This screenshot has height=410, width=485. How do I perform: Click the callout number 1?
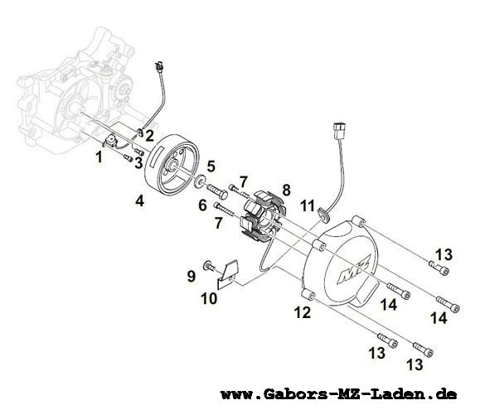click(x=99, y=157)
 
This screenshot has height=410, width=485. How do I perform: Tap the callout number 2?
click(x=150, y=136)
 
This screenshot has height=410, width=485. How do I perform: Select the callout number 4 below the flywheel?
click(x=139, y=202)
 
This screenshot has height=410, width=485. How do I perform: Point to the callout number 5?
click(x=211, y=166)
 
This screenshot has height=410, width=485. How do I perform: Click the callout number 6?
click(x=202, y=205)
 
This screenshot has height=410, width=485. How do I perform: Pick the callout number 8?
click(x=286, y=190)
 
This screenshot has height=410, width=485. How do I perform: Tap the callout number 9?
click(x=192, y=276)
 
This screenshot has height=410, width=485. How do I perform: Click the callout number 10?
click(x=209, y=299)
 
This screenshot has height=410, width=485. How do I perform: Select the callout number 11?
click(x=308, y=205)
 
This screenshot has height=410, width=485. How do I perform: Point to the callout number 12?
click(x=303, y=312)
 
